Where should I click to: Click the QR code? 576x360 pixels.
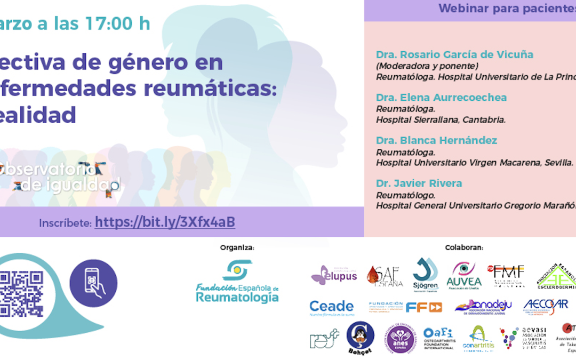coord(22,294)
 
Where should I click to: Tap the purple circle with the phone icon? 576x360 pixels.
coord(93,283)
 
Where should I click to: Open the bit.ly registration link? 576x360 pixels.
coord(165,222)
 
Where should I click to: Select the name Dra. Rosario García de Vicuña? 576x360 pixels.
coord(454,54)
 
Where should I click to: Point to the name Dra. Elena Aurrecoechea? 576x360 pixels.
coord(441,98)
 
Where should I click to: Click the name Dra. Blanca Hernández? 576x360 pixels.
coord(436,140)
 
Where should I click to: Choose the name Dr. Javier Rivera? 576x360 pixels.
coord(419,183)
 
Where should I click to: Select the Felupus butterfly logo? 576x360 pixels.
coord(334,275)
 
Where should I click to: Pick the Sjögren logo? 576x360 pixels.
coord(425,274)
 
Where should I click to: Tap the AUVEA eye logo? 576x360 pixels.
coord(463,275)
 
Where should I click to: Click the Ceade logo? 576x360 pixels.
coord(331,307)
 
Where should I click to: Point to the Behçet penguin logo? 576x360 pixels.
coord(360,338)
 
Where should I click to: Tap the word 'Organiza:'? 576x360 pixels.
coord(237,247)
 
